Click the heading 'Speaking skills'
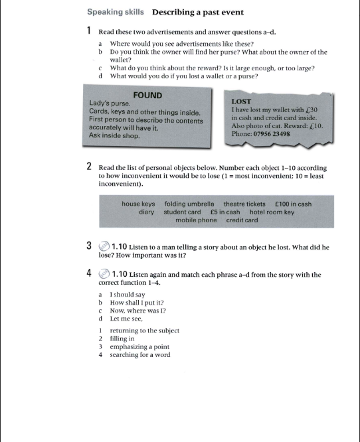(x=115, y=12)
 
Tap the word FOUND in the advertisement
(x=147, y=96)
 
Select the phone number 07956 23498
(x=270, y=134)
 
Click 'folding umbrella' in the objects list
(x=189, y=204)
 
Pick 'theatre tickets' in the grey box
(x=244, y=204)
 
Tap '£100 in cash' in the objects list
(x=292, y=204)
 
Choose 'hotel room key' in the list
(x=272, y=212)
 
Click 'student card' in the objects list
(x=182, y=212)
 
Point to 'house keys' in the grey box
(x=138, y=204)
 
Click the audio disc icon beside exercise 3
(x=104, y=247)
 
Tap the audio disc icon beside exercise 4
(x=104, y=273)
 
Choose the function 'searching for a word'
(x=139, y=354)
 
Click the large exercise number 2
(x=89, y=167)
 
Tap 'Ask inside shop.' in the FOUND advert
(x=114, y=135)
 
